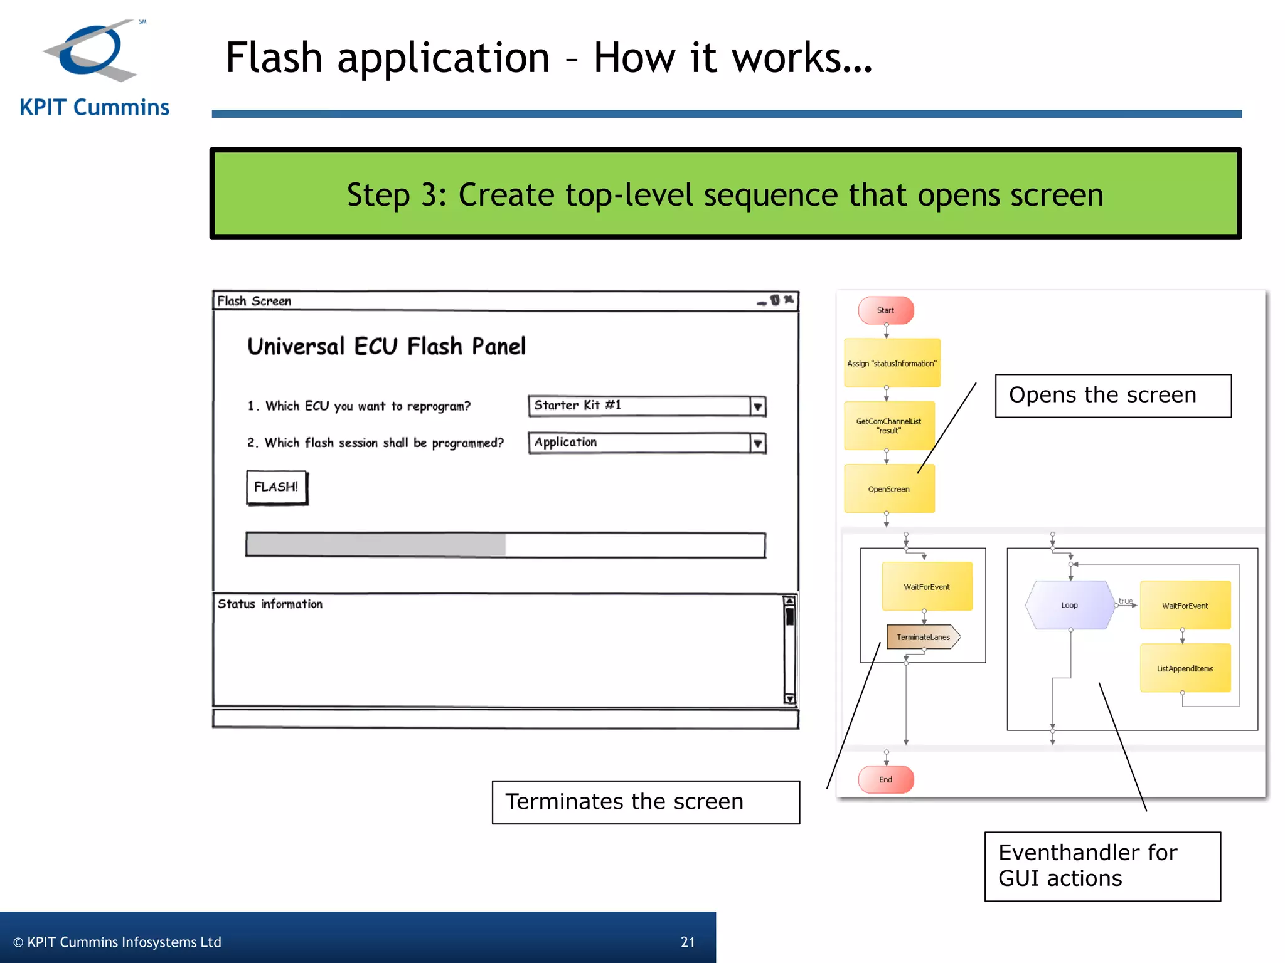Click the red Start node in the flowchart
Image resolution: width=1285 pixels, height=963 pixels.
[x=885, y=310]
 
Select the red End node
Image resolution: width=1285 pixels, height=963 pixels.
[x=885, y=779]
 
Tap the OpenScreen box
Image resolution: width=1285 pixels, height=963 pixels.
[x=889, y=489]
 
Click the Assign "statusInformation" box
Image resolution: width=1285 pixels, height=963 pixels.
[x=892, y=363]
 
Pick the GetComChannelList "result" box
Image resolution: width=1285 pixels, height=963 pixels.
[x=889, y=426]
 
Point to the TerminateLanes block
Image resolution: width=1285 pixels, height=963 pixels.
[x=923, y=637]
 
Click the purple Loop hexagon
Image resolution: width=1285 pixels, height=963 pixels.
[x=1070, y=605]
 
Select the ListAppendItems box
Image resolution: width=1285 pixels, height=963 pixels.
[x=1185, y=668]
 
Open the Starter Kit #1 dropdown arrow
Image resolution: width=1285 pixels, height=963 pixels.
[x=757, y=406]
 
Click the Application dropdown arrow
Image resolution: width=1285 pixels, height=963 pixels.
[x=757, y=443]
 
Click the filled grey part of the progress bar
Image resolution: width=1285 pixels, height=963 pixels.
[x=376, y=545]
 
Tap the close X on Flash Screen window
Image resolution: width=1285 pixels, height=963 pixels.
[x=789, y=300]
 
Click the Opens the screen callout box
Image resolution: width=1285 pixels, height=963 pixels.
[x=1112, y=396]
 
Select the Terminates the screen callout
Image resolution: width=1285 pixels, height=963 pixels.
[x=645, y=802]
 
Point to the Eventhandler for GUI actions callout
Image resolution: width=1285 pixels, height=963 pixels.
[x=1102, y=866]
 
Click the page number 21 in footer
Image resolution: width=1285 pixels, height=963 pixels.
[x=688, y=942]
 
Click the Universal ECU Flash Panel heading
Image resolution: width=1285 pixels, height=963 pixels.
[x=387, y=346]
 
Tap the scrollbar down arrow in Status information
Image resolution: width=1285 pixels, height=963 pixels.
[x=789, y=698]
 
